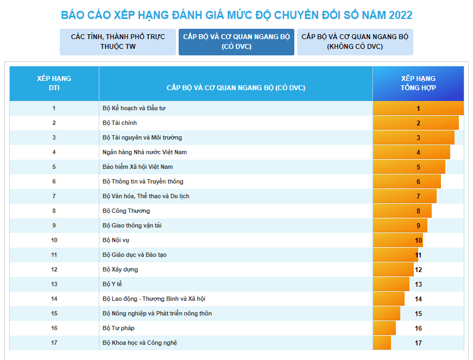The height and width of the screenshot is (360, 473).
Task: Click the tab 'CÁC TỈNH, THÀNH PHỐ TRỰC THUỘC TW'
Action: tap(118, 42)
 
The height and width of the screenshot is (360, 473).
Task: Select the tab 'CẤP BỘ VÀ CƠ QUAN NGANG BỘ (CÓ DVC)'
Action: tap(236, 42)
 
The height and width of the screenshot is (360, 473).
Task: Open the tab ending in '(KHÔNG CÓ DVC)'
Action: tap(355, 42)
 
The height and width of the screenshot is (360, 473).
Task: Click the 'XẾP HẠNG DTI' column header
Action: tap(54, 83)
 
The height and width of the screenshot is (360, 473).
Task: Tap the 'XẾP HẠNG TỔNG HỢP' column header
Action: tap(418, 83)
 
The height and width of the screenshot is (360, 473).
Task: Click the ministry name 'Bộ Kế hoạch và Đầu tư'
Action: tap(134, 108)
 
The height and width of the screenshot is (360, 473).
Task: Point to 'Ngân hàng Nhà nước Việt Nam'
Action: tap(144, 152)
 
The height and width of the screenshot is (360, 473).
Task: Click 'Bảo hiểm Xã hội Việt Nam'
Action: tap(137, 167)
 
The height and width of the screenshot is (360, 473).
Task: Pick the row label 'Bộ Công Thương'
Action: tap(126, 211)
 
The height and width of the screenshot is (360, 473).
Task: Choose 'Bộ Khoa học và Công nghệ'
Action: tap(140, 343)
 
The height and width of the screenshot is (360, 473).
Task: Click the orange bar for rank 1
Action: tap(418, 108)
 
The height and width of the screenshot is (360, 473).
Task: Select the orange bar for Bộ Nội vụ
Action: tap(398, 240)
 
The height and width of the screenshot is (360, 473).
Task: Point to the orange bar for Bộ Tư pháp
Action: tap(384, 328)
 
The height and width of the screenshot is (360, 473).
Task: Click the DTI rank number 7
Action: tap(54, 196)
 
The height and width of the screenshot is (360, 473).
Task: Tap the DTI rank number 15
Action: tap(54, 313)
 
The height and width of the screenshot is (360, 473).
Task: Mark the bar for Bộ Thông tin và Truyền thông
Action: tap(407, 181)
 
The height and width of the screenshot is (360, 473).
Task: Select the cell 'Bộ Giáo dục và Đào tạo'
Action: tap(135, 255)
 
